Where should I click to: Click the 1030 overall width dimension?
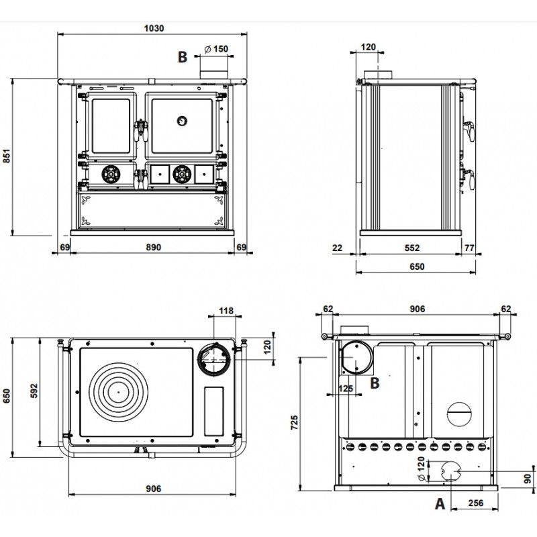[154, 28]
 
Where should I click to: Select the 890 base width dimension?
[153, 247]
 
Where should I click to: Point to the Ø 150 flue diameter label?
[216, 49]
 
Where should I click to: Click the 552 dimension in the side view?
[411, 248]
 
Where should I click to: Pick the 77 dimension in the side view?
[469, 248]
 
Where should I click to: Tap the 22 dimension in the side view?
[338, 248]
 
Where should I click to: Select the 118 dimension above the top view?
[226, 311]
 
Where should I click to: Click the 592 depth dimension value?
[34, 391]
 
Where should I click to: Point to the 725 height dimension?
[294, 423]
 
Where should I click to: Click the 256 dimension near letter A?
[476, 503]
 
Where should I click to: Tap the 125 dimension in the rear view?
[345, 389]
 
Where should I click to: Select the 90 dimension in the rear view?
[528, 478]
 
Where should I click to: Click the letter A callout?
[440, 504]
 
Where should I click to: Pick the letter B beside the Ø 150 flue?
[183, 57]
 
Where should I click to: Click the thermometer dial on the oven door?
[182, 121]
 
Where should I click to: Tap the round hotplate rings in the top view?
[119, 392]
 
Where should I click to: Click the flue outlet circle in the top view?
[214, 359]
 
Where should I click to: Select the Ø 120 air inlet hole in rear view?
[452, 471]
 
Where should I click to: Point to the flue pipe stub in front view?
[213, 75]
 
